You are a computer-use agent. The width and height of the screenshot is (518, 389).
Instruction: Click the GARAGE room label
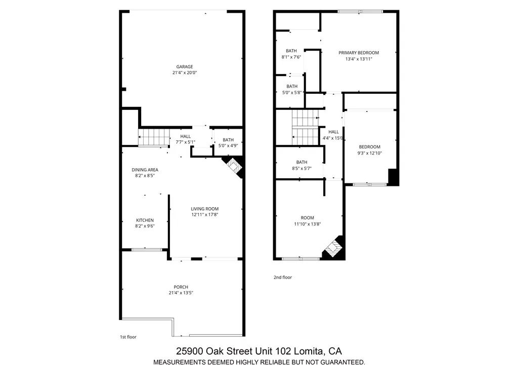click(x=184, y=67)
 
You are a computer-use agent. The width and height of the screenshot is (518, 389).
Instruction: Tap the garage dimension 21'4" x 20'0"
click(x=184, y=73)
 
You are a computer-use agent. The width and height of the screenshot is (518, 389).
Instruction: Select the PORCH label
click(x=181, y=287)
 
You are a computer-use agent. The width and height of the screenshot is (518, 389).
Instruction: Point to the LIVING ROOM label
click(x=204, y=209)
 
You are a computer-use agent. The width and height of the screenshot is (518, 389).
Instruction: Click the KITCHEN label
click(x=145, y=220)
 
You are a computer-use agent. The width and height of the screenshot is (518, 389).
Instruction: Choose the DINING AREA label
click(x=145, y=170)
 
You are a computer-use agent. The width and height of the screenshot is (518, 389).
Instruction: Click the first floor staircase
click(x=154, y=137)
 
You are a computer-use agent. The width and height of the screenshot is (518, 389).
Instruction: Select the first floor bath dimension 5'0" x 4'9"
click(x=228, y=146)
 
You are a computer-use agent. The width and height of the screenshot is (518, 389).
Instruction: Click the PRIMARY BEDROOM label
click(x=358, y=53)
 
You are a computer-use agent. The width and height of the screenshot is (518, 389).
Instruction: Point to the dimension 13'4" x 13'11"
click(x=358, y=59)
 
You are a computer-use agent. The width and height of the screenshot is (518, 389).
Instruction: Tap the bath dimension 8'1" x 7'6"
click(x=291, y=57)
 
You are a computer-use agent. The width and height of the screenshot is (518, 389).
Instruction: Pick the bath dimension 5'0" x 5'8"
click(x=292, y=92)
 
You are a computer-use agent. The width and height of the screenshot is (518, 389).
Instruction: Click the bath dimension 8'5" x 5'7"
click(x=301, y=168)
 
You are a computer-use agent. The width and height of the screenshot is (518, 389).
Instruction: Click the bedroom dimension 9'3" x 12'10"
click(x=369, y=153)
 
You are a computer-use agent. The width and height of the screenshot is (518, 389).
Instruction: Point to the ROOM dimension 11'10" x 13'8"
click(x=307, y=224)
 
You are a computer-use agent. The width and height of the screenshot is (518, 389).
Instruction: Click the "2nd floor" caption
click(x=283, y=277)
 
